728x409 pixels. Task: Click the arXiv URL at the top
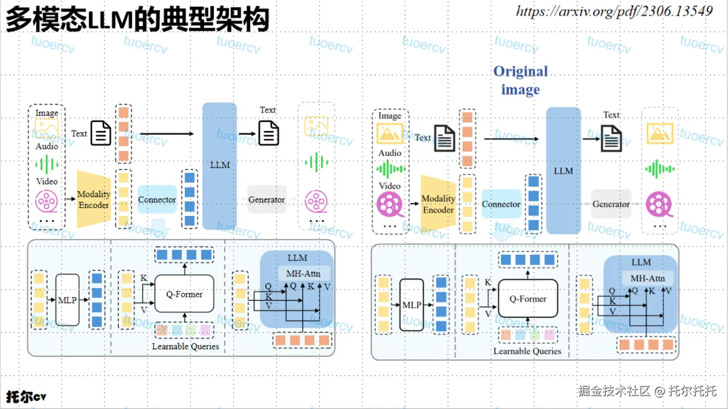(x=614, y=11)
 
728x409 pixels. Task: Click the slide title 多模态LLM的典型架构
(x=138, y=19)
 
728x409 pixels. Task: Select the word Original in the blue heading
(x=521, y=71)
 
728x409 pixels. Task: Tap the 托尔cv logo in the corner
(x=26, y=396)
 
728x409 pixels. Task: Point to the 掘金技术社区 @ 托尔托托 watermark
(x=647, y=391)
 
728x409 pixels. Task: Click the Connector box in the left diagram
(x=157, y=199)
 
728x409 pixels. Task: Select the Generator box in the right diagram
(x=611, y=204)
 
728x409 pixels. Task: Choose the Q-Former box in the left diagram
(x=184, y=294)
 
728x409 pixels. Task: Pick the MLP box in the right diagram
(x=412, y=305)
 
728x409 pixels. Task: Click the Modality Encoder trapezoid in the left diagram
(x=94, y=199)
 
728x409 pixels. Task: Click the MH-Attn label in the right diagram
(x=648, y=278)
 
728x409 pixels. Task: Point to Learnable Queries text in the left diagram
(x=185, y=346)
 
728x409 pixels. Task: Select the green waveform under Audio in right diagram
(x=391, y=169)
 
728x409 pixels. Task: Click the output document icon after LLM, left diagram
(x=269, y=133)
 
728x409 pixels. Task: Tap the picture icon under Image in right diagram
(x=390, y=134)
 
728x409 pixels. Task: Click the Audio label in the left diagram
(x=47, y=146)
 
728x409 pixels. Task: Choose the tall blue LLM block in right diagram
(x=563, y=171)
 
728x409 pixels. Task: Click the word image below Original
(x=520, y=90)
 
